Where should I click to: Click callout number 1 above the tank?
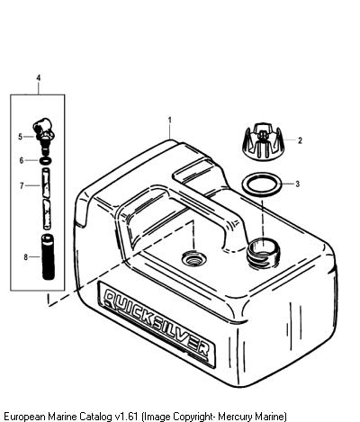[x=170, y=121]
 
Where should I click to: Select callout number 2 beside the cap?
[x=300, y=140]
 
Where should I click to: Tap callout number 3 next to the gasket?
[x=298, y=184]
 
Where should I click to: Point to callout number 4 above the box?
[x=39, y=77]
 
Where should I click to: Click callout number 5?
[x=20, y=137]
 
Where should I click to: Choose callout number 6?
[x=22, y=160]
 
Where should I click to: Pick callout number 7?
[x=22, y=186]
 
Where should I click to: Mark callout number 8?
[x=26, y=257]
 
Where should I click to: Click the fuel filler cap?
[x=263, y=142]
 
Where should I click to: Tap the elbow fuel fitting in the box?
[x=43, y=134]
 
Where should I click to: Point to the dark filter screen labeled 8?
[x=48, y=257]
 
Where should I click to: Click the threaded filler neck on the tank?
[x=263, y=252]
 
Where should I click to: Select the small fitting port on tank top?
[x=194, y=259]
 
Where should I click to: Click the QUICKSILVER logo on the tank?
[x=157, y=323]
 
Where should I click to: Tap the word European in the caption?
[x=24, y=417]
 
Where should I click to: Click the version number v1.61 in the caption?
[x=126, y=417]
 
